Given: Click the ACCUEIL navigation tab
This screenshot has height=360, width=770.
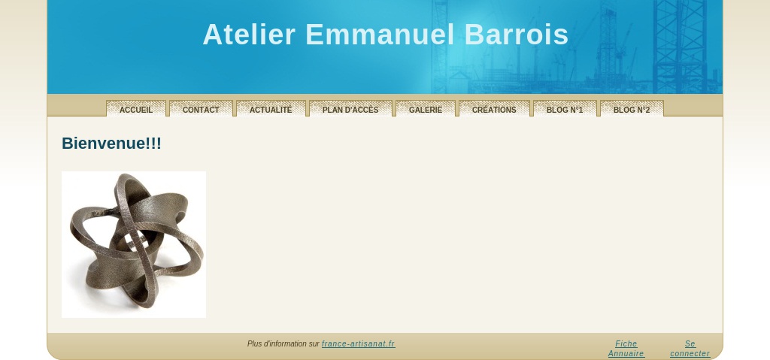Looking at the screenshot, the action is click(x=136, y=108).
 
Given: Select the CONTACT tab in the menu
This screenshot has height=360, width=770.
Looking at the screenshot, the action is click(x=201, y=108).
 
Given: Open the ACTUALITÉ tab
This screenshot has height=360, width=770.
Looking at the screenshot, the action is click(x=271, y=108).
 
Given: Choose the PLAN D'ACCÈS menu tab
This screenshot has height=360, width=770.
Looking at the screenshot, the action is click(x=350, y=108).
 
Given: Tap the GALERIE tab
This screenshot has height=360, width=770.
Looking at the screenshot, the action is click(x=426, y=108).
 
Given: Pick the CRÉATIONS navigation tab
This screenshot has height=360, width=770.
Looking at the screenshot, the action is click(x=494, y=108).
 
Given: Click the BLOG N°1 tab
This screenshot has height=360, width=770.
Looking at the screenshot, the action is click(x=565, y=108).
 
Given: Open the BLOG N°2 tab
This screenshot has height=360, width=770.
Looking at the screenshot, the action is click(x=632, y=108).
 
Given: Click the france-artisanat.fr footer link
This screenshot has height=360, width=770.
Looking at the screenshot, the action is click(x=359, y=343).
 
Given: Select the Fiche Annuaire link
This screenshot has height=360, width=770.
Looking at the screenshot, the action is click(x=626, y=349).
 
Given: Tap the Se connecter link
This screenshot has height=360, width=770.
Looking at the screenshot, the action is click(x=690, y=349).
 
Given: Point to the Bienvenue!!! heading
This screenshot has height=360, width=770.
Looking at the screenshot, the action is click(x=111, y=144).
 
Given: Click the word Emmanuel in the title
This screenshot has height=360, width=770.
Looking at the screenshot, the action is click(x=380, y=35).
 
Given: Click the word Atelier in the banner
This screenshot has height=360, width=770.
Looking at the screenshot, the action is click(x=249, y=35).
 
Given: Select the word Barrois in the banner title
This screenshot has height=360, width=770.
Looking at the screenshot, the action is click(x=516, y=35).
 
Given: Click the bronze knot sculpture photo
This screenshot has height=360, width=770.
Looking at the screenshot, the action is click(x=134, y=244).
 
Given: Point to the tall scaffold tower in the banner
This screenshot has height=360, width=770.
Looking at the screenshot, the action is click(x=680, y=47).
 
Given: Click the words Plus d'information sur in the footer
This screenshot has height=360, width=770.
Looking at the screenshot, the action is click(x=283, y=343).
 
